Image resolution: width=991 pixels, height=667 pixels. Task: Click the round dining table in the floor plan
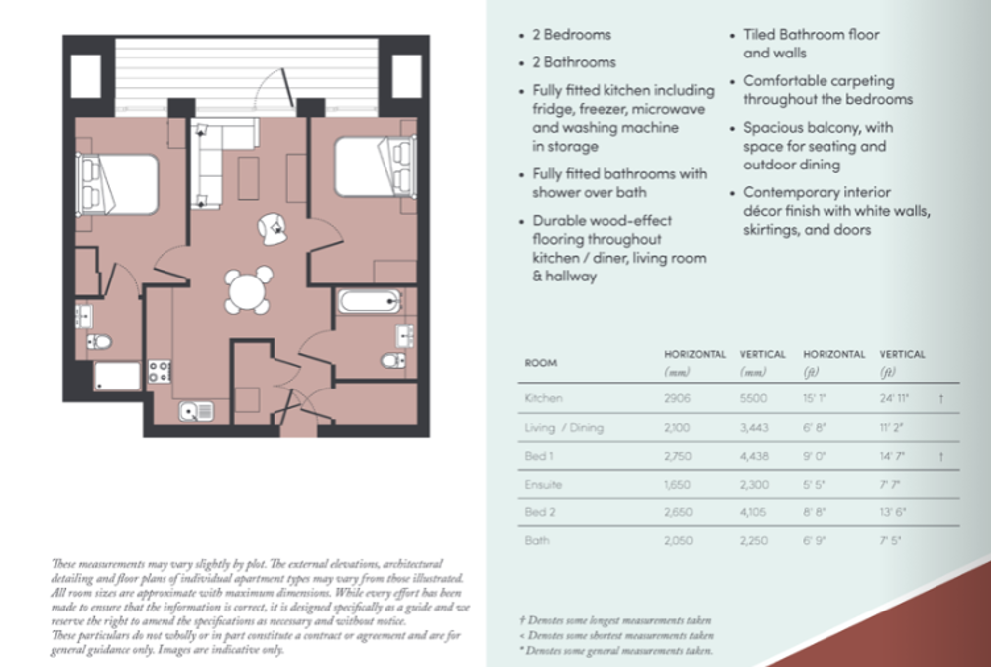(x=247, y=291)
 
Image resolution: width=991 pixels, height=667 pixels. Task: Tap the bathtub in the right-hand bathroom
(x=368, y=301)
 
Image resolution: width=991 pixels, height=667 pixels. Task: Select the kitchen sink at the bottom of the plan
(x=195, y=410)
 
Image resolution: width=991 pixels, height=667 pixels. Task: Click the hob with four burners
(x=159, y=372)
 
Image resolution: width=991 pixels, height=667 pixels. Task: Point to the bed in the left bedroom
(x=119, y=183)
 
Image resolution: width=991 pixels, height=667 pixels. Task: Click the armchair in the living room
(x=271, y=228)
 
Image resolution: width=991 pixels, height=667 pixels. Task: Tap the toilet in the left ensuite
(x=98, y=342)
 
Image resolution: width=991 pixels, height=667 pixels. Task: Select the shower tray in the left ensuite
(x=117, y=376)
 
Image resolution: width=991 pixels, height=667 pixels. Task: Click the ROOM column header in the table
(x=540, y=363)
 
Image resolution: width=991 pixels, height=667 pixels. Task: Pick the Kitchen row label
(x=543, y=398)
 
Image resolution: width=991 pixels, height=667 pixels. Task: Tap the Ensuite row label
(x=542, y=486)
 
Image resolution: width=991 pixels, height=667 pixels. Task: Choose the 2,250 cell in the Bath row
(x=758, y=541)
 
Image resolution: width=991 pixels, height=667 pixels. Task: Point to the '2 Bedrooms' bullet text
(x=578, y=35)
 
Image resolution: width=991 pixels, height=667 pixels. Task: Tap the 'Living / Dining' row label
(x=564, y=428)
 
